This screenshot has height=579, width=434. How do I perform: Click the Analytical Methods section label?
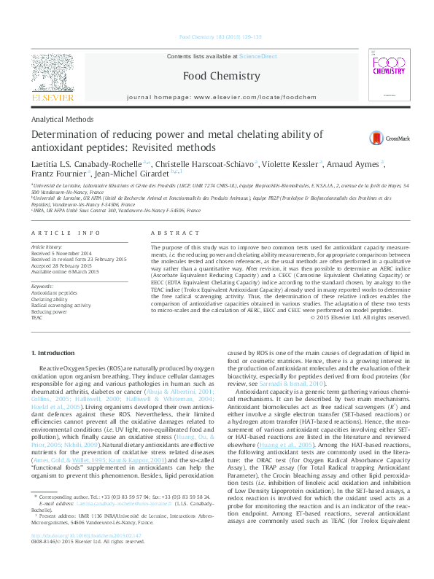(x=62, y=119)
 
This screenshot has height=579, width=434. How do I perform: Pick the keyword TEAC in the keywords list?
(x=37, y=318)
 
